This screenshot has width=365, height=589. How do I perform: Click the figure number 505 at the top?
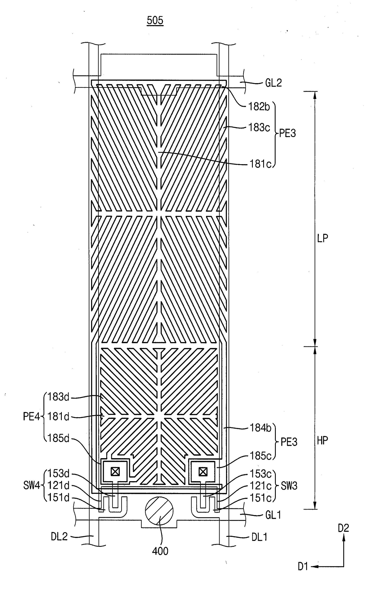[155, 20]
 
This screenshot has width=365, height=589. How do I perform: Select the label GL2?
[273, 83]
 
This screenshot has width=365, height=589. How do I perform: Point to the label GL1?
[273, 515]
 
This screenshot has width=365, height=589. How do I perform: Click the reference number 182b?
[259, 107]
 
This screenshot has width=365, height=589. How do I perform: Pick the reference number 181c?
[260, 164]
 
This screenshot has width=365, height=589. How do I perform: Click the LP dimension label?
[322, 238]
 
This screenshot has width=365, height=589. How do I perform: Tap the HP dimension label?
[322, 441]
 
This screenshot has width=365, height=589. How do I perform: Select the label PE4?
[31, 417]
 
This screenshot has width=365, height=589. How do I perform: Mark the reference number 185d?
[58, 438]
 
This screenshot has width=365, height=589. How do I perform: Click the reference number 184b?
[261, 428]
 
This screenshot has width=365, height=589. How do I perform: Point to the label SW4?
[31, 485]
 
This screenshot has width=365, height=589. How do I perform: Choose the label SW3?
[289, 486]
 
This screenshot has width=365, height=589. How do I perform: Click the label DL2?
[59, 536]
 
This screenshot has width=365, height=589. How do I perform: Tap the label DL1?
[259, 537]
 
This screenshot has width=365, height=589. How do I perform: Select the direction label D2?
[343, 528]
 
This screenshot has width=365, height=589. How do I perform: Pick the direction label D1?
[303, 566]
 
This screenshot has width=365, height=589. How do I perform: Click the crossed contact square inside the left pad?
[115, 472]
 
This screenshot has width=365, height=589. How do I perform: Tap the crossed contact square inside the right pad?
[203, 472]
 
